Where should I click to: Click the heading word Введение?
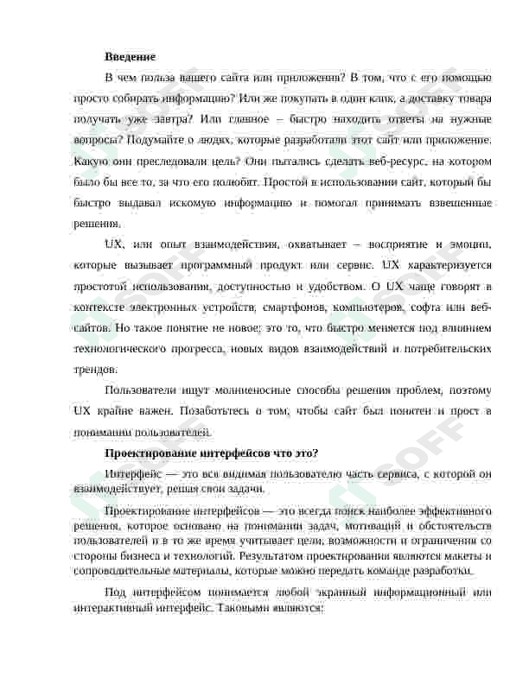(x=130, y=56)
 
